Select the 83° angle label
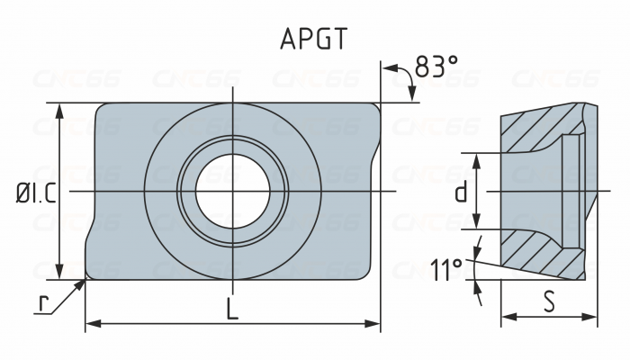coord(437,67)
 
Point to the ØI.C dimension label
coord(36,193)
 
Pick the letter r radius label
coord(42,301)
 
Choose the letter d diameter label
coord(461,192)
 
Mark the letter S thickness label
coord(549,301)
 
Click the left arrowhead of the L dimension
coord(90,322)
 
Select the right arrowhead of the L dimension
coord(375,322)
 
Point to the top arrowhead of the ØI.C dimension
coord(60,108)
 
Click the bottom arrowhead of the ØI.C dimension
coord(60,274)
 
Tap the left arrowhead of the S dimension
coord(505,316)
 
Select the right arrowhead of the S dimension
coord(592,316)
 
